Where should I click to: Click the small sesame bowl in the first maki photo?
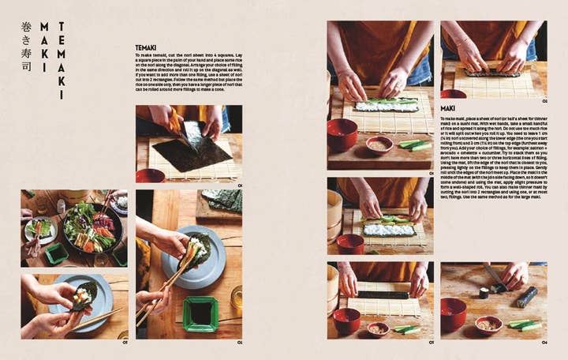pos(379,144)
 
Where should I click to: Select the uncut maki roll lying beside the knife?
pos(527,296)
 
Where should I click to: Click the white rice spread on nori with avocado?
pos(386,105)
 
